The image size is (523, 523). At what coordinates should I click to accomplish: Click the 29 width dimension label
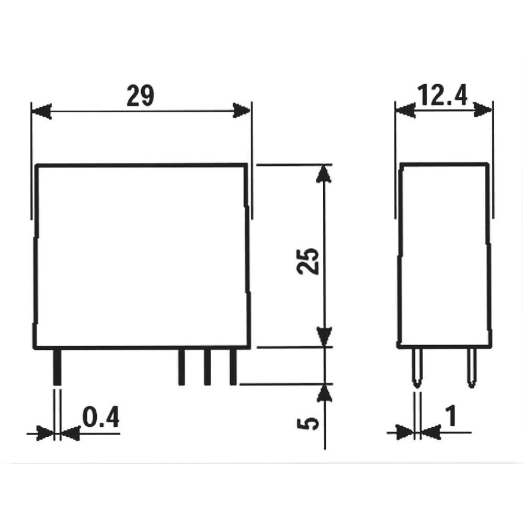(x=140, y=96)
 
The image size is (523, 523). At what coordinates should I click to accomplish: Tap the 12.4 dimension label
(x=442, y=96)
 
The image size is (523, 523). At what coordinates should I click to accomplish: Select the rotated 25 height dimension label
(x=308, y=260)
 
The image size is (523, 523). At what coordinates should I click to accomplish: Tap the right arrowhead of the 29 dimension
(x=242, y=110)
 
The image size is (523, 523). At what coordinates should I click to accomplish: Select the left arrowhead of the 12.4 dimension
(x=405, y=110)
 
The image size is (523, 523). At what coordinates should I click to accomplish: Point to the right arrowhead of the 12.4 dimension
(x=482, y=109)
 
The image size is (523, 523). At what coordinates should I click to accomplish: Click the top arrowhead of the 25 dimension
(x=325, y=174)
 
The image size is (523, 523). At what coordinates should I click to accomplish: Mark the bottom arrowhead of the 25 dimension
(x=325, y=336)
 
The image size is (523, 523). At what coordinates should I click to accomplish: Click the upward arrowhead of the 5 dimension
(x=325, y=393)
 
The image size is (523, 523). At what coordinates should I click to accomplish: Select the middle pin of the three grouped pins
(x=207, y=367)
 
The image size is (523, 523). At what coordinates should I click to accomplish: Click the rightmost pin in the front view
(x=233, y=367)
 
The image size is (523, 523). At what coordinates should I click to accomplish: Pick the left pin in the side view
(x=417, y=368)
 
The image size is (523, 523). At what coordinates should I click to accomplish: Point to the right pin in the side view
(x=471, y=368)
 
